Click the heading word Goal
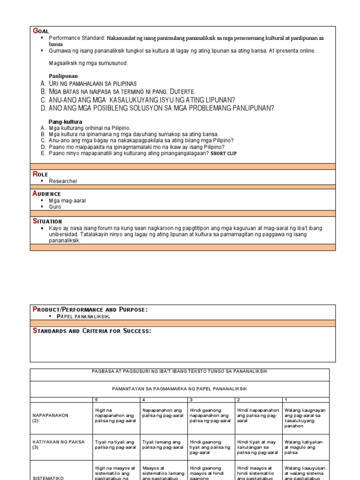(41, 31)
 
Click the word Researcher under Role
(63, 181)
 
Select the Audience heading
(46, 194)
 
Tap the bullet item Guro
(55, 207)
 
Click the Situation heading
(47, 221)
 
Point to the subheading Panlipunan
(63, 75)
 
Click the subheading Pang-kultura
(65, 121)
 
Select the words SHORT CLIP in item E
(227, 153)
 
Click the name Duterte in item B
(182, 91)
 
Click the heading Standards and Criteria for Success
(92, 330)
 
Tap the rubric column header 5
(96, 399)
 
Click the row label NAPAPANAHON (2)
(51, 418)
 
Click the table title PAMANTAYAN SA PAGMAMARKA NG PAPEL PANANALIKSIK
(180, 389)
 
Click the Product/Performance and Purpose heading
(90, 309)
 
